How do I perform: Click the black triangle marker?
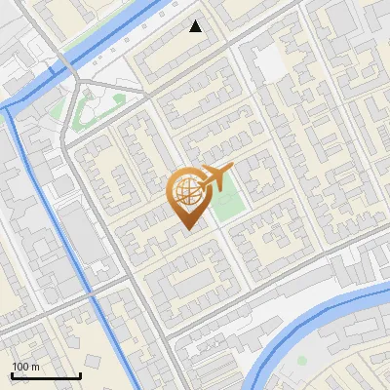coord(196,26)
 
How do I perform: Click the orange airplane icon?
coord(215,176)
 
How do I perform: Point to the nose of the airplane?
coord(232,169)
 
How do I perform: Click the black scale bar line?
coord(45,376)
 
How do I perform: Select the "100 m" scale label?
coord(25,367)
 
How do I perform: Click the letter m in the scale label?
coord(35,367)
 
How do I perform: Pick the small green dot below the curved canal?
coord(302,361)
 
